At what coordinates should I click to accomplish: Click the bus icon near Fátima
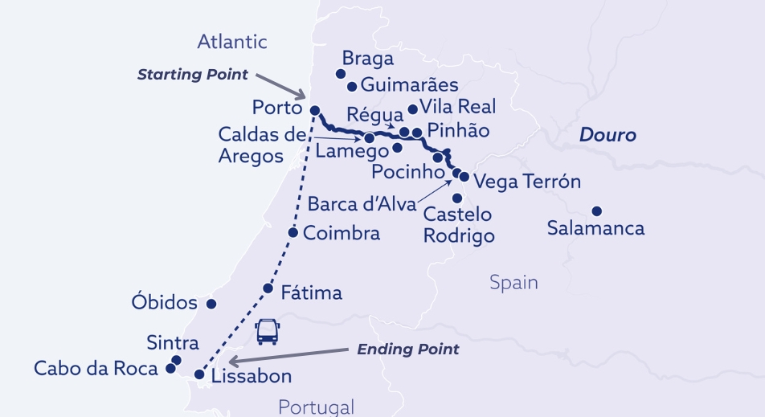coord(267,331)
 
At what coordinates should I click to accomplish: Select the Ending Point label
coord(407,349)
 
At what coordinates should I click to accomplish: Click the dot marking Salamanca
coord(596,211)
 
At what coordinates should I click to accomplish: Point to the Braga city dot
coord(340,73)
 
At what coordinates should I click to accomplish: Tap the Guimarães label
coord(410,84)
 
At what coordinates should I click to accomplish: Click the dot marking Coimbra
coord(292,233)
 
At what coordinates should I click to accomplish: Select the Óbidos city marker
coord(211,304)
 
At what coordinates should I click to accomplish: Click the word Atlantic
coord(232,42)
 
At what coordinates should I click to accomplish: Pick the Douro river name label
coord(607,135)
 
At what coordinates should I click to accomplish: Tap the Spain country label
coord(513,283)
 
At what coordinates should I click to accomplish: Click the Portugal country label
coord(316,407)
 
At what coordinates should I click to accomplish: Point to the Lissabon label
coord(252,376)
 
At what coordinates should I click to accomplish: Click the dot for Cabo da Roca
coord(170,369)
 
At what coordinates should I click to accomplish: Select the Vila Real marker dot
coord(413,109)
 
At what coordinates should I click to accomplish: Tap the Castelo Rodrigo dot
coord(457,198)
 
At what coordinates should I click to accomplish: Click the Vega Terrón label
coord(527,181)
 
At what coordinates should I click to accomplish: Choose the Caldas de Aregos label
coord(252,145)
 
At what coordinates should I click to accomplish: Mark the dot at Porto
coord(315,110)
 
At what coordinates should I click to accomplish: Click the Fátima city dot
coord(268,288)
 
